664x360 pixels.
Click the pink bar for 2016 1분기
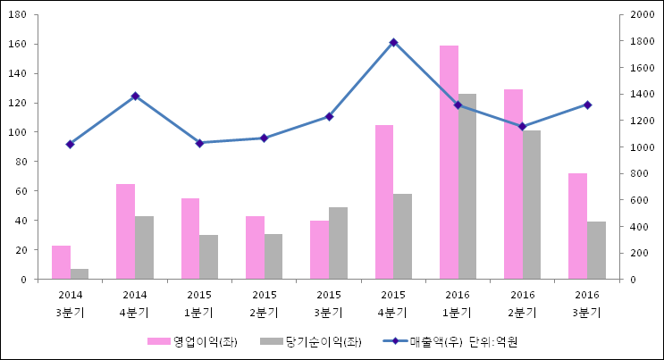(449, 163)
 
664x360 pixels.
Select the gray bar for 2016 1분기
(467, 187)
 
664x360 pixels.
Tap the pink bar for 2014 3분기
(61, 263)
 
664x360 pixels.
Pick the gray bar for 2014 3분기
(80, 274)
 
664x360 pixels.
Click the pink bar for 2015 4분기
(384, 202)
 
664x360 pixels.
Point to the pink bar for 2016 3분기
(577, 226)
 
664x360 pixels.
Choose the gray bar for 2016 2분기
(532, 205)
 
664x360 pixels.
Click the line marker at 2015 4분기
(393, 42)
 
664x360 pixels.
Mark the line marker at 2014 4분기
(135, 96)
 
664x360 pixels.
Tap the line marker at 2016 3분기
(587, 105)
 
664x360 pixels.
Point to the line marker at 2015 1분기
(199, 143)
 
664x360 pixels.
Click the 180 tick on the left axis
(19, 15)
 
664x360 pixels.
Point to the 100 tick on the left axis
(19, 132)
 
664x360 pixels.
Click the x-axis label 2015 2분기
(264, 304)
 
